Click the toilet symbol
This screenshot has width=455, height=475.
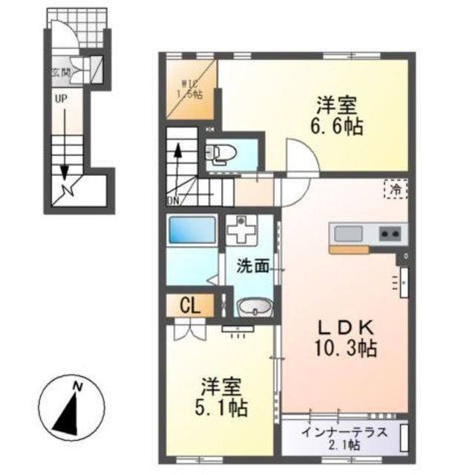click(x=220, y=154)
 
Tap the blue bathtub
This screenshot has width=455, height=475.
click(x=192, y=229)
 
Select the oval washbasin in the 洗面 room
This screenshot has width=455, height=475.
click(x=255, y=307)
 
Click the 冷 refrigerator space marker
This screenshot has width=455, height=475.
click(x=396, y=189)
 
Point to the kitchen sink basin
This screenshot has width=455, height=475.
click(x=348, y=234)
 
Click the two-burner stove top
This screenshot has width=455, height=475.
click(x=390, y=234)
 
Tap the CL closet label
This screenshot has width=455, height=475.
click(x=190, y=306)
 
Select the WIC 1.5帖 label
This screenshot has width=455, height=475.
click(x=190, y=89)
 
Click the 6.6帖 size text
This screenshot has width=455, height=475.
click(x=336, y=126)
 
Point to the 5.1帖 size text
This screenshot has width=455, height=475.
click(x=221, y=407)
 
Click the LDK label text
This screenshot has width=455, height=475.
click(x=345, y=328)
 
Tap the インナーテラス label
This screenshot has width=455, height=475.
click(x=344, y=432)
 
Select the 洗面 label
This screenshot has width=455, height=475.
click(x=252, y=266)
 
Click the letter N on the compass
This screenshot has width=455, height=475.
click(x=78, y=387)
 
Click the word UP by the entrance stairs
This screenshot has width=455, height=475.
click(x=61, y=99)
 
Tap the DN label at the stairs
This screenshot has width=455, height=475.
click(x=173, y=200)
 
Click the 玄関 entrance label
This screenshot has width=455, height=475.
click(x=61, y=73)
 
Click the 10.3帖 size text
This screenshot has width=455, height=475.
click(x=346, y=348)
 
